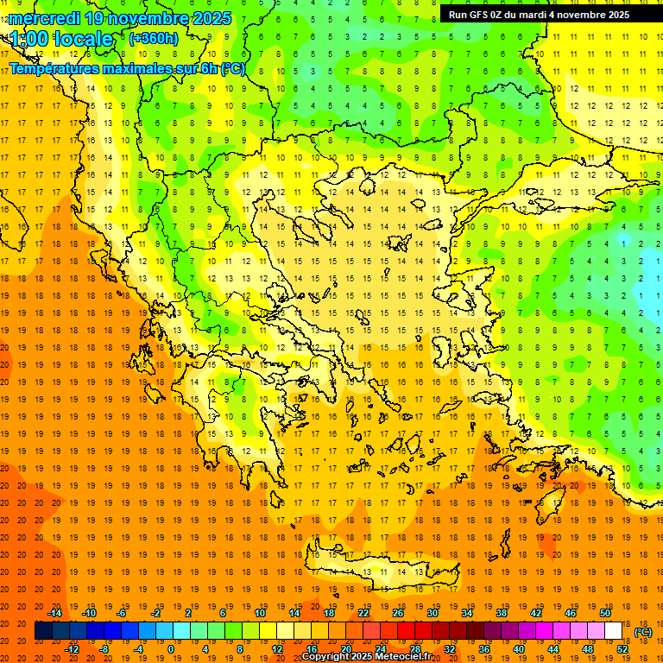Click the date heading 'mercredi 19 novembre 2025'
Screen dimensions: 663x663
click(120, 18)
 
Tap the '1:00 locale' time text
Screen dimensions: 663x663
click(62, 39)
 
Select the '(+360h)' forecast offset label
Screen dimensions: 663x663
click(153, 38)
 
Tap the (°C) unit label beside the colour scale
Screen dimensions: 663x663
click(643, 632)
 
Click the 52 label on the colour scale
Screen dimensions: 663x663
click(622, 649)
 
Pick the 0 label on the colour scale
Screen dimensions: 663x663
click(171, 649)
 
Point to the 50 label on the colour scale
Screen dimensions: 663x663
click(605, 613)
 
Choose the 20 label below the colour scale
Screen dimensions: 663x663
click(345, 649)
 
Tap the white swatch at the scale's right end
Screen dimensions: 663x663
click(613, 631)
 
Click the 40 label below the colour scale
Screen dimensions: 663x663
click(519, 649)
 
